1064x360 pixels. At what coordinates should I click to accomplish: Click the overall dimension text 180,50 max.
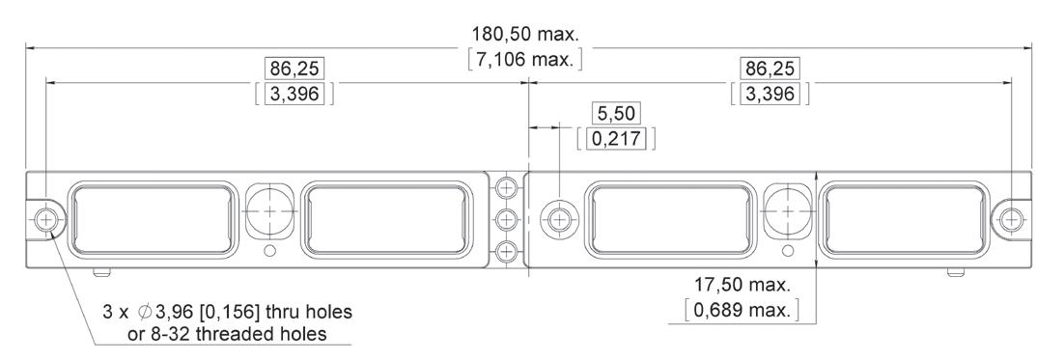pos(526,33)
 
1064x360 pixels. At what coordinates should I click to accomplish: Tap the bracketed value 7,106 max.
pos(526,59)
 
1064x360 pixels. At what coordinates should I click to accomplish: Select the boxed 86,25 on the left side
pos(294,69)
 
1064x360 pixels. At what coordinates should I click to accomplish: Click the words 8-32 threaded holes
pos(237,334)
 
